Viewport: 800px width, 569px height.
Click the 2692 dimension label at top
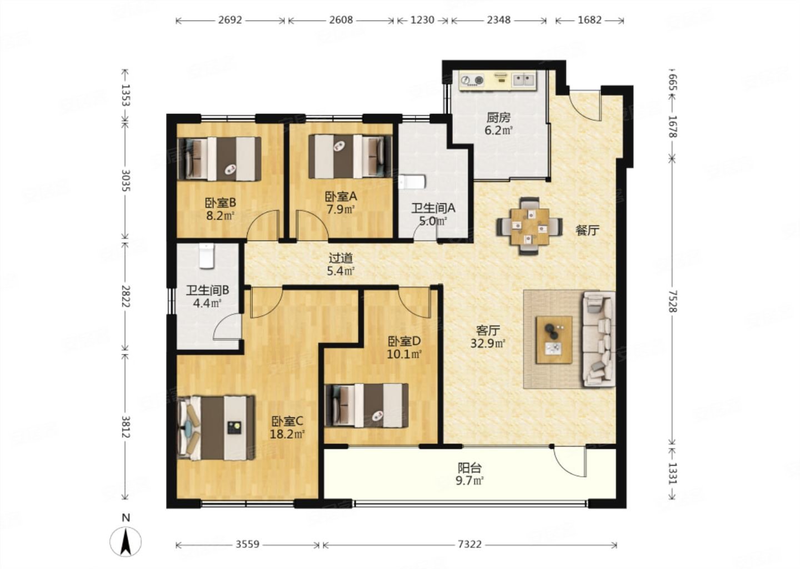pos(230,20)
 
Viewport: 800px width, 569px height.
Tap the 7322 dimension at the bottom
pos(469,545)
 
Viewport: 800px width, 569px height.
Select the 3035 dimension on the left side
pos(126,181)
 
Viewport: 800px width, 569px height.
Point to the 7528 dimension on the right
pos(672,301)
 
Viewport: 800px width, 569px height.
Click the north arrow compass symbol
pos(126,541)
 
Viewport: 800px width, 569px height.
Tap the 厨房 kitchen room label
pos(498,117)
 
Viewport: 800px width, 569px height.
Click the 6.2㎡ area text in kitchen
pos(498,131)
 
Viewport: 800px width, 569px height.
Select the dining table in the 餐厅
pos(529,227)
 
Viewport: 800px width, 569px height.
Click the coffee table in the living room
pos(554,340)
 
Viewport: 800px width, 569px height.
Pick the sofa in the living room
pos(599,339)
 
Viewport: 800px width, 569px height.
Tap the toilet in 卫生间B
pos(207,256)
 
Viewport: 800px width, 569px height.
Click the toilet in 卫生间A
pos(412,182)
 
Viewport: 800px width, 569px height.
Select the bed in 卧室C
pos(216,428)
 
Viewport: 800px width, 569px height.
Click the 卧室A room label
pos(341,196)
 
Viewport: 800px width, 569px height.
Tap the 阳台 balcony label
pos(469,468)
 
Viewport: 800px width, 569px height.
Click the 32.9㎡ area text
pos(488,343)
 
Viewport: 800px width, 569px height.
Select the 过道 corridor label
pos(341,257)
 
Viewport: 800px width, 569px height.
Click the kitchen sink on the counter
pos(523,79)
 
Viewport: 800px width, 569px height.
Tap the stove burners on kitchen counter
pos(472,81)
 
